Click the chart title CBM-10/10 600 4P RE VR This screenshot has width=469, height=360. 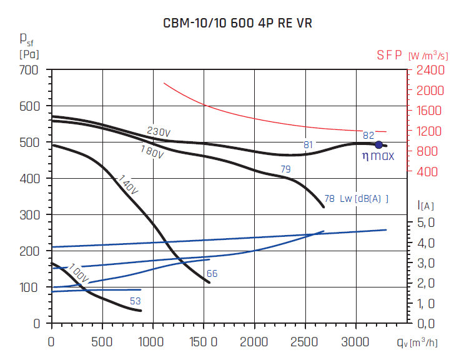234,24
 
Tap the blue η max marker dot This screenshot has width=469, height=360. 378,145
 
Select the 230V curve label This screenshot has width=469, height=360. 159,132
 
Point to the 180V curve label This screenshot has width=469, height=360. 152,152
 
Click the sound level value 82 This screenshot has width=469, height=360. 368,135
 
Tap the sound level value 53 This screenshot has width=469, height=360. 135,301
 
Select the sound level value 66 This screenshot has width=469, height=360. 212,274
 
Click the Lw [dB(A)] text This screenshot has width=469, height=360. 365,199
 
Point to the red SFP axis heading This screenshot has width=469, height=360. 389,55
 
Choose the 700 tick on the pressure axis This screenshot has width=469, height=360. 29,70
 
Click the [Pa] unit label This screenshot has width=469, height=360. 29,54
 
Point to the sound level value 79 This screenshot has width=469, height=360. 285,169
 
